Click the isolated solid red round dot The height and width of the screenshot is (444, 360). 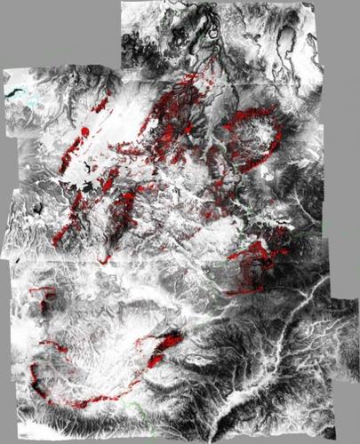pos(85,131)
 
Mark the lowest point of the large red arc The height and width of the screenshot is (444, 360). pos(84,404)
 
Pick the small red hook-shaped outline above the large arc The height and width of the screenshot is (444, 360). pos(41,293)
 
